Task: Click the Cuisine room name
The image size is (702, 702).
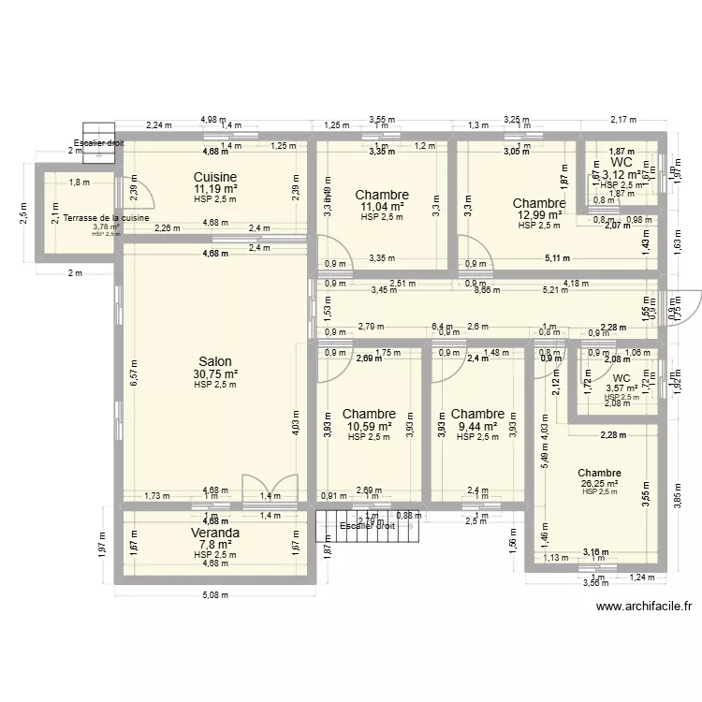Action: pos(215,177)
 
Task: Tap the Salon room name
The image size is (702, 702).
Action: pos(215,361)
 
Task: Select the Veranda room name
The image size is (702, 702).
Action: pos(215,533)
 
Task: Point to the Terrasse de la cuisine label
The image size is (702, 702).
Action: pos(106,218)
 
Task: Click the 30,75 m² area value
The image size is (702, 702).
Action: pos(215,373)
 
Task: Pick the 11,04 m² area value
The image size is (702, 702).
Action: pos(382,207)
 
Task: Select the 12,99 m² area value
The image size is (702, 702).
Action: pos(538,214)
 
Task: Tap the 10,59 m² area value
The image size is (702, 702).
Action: pos(369,426)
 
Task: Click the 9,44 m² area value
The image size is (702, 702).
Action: pos(477,426)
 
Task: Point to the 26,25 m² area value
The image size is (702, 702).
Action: pos(599,483)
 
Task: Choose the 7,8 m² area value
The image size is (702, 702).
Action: pos(215,544)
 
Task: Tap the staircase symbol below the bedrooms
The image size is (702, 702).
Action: pos(371,533)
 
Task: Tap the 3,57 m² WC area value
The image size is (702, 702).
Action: pos(622,388)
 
